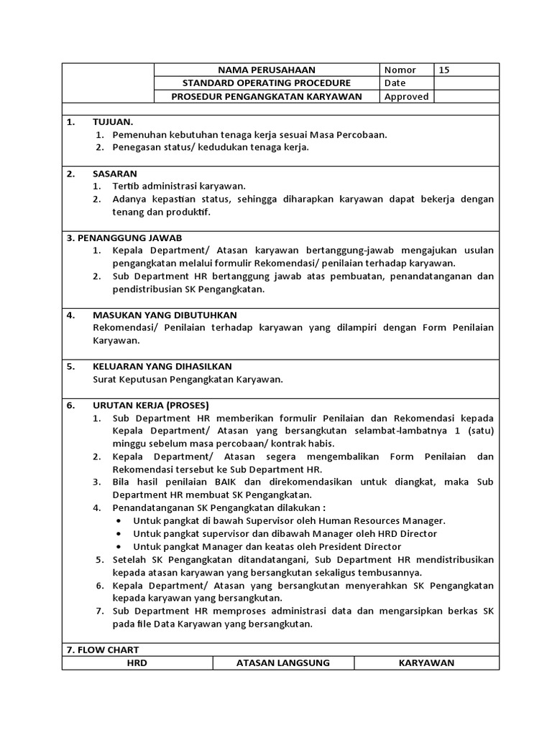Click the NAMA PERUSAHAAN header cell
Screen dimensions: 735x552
(267, 70)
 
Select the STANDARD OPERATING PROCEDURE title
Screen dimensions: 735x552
(267, 83)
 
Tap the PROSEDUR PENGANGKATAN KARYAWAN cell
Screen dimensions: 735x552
(267, 97)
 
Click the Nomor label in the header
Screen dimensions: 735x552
(400, 70)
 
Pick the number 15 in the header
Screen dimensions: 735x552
(444, 70)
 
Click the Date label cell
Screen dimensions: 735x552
(395, 83)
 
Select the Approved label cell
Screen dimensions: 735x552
(406, 97)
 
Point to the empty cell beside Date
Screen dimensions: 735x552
(466, 83)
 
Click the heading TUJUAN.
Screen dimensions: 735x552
(113, 122)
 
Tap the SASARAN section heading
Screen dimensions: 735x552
(115, 174)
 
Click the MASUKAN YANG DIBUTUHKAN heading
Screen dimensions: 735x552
(165, 315)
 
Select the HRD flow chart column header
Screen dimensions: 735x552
(137, 663)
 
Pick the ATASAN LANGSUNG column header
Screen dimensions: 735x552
(283, 663)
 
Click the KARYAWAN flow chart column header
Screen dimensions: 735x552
(427, 663)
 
